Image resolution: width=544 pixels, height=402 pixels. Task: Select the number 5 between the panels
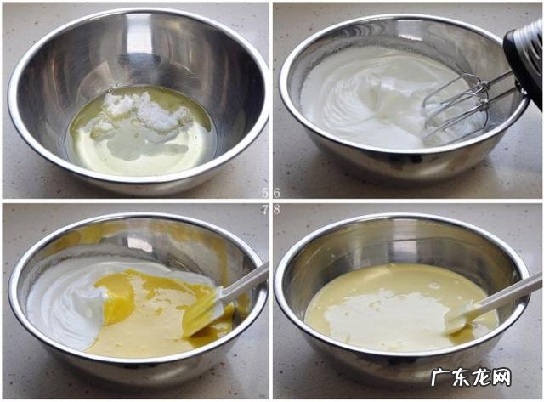tap(266, 193)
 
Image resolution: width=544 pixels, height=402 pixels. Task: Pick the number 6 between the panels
tap(276, 193)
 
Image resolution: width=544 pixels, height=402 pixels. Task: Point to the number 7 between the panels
tap(265, 209)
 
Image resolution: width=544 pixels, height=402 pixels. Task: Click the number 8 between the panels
tap(276, 209)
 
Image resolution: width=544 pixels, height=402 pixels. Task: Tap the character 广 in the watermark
tap(440, 377)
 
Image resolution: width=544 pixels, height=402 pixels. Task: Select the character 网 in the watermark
tap(501, 377)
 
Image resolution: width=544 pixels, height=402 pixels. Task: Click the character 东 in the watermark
tap(461, 377)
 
